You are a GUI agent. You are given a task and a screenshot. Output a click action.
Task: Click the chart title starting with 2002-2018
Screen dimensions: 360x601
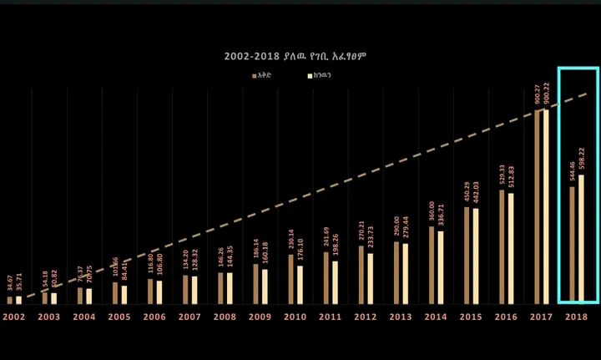tap(295, 56)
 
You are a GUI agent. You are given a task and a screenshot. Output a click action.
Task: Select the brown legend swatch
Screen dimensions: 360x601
tap(255, 75)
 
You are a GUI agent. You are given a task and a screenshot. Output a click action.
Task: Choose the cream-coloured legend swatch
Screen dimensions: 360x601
tap(310, 75)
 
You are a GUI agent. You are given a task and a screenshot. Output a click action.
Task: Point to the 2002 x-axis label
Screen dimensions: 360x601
tap(14, 317)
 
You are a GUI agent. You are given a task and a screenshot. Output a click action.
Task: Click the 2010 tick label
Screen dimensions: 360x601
tap(295, 317)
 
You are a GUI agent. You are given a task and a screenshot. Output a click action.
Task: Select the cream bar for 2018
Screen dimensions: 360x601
tap(581, 238)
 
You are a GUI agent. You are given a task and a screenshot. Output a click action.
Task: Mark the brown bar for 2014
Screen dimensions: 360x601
tap(432, 264)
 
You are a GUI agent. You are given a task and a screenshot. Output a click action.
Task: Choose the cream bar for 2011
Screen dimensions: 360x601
tap(336, 281)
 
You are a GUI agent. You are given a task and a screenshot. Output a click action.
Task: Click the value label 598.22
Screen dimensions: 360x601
tap(581, 159)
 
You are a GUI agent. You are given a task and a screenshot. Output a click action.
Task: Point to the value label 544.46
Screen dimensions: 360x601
tap(572, 170)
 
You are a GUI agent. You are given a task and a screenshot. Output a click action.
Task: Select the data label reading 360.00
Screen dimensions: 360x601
tap(432, 212)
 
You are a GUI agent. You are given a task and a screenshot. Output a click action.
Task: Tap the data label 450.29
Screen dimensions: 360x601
tap(467, 192)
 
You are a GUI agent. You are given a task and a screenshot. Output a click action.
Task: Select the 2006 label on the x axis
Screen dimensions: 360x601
tap(154, 317)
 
